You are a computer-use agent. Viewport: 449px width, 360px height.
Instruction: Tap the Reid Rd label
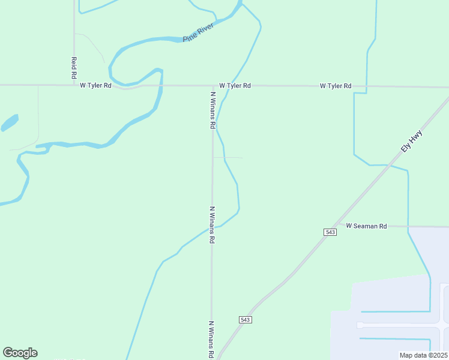pos(74,68)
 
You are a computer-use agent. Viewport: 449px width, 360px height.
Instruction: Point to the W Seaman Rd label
pos(366,226)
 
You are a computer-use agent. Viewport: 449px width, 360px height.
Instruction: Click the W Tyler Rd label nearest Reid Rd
pos(96,86)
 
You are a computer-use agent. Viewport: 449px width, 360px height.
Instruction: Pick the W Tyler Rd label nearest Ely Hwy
pos(336,86)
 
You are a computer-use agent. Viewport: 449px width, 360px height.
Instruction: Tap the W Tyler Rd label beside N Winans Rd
pos(235,86)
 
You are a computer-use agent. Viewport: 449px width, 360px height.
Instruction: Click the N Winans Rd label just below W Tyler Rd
pos(212,110)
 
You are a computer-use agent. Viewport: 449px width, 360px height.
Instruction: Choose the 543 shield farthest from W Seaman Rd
pos(245,320)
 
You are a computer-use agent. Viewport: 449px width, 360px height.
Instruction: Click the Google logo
pos(20,353)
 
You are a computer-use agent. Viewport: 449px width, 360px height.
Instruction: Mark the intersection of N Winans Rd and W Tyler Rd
pos(212,85)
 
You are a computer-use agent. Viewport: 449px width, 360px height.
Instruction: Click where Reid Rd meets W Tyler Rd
pos(74,85)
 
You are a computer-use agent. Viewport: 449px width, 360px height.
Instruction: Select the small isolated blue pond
pos(10,122)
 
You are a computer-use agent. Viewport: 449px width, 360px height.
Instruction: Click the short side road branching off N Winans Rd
pos(228,158)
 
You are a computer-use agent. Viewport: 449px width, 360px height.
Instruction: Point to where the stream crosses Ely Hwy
pos(390,165)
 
